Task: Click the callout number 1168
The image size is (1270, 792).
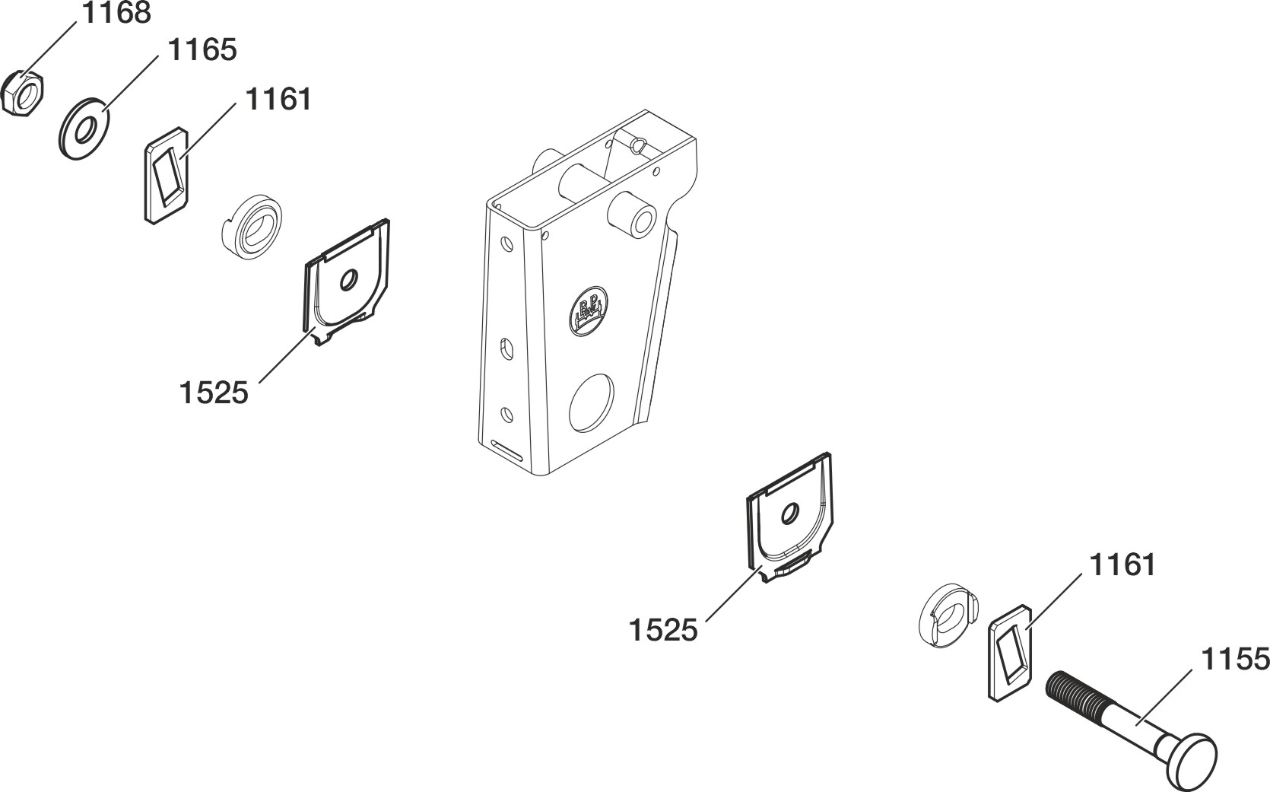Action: pos(117,13)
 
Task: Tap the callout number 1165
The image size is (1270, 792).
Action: pos(202,50)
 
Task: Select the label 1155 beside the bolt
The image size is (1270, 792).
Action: pos(1236,660)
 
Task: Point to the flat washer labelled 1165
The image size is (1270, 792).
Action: pos(84,129)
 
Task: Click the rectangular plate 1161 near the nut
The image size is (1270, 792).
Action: pos(166,175)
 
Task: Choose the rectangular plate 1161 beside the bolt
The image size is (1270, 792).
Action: pos(1010,653)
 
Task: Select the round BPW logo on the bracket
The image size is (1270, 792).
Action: pos(588,311)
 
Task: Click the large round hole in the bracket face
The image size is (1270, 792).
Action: pos(592,402)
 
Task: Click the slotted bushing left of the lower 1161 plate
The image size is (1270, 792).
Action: pos(946,615)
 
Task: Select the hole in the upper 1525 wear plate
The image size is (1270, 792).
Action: pos(348,280)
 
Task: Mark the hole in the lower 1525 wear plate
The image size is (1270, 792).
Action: pos(790,513)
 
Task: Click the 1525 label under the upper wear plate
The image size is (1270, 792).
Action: pos(214,393)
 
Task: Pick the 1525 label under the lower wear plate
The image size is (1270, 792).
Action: pos(663,630)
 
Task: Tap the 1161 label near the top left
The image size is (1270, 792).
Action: pos(278,100)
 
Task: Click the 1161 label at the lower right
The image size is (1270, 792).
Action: pos(1122,565)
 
